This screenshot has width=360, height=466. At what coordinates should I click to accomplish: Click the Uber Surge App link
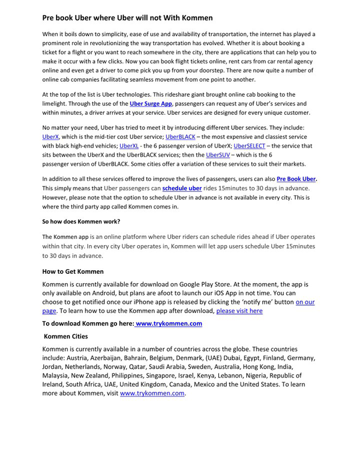tap(150, 103)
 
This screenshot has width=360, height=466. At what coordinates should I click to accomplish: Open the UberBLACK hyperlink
tap(180, 136)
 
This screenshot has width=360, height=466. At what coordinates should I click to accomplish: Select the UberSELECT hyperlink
tap(249, 146)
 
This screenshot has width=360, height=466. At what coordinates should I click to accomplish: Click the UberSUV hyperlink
tap(217, 155)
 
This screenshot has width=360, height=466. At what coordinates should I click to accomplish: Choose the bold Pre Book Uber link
tap(297, 179)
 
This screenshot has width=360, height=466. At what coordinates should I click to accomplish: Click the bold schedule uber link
tap(182, 188)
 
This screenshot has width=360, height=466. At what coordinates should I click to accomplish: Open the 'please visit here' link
tap(239, 311)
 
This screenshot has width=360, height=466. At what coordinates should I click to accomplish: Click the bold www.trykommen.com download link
tap(169, 323)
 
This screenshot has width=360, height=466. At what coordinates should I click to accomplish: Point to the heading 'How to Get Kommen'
tap(73, 271)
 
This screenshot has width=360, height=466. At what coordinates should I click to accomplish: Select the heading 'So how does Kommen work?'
tap(81, 221)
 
